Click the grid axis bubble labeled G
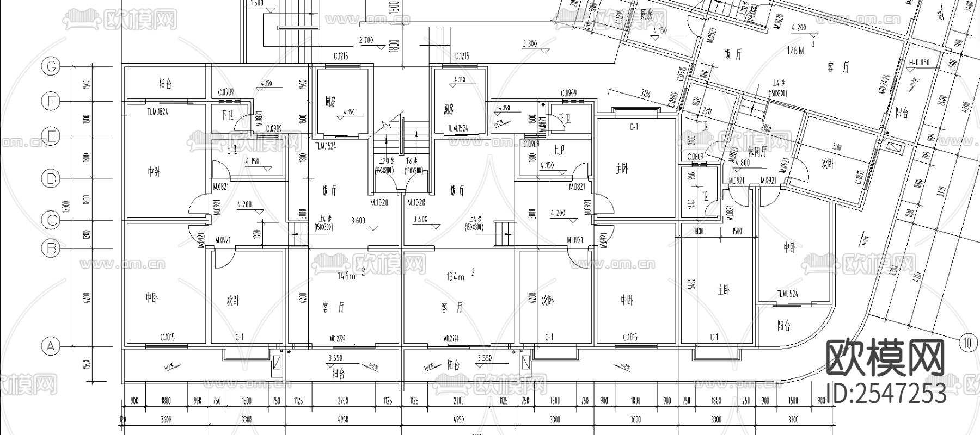pos(51,66)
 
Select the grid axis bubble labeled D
pos(51,178)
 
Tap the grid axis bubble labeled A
pos(51,346)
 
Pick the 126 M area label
pos(795,51)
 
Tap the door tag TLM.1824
pos(158,111)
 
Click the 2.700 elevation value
pos(366,40)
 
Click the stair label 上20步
pos(385,161)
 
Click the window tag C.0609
pos(695,157)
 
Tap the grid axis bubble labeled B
pos(51,248)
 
